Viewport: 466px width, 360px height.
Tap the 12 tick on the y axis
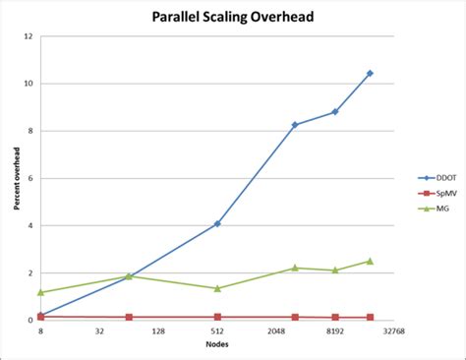point(29,36)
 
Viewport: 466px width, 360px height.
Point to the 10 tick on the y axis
point(29,84)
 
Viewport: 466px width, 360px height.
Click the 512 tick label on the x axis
point(216,332)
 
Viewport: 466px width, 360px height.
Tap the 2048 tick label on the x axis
point(275,332)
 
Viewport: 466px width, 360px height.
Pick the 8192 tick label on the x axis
point(334,332)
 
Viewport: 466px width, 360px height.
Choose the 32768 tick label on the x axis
point(393,332)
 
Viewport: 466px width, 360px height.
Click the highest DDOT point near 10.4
point(370,73)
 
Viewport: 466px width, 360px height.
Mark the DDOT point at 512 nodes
point(217,223)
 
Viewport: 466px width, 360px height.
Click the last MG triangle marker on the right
point(370,261)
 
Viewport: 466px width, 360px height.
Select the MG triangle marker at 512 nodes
point(217,288)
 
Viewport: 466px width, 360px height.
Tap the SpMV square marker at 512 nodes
point(217,317)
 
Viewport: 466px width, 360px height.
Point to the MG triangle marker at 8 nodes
point(40,292)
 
